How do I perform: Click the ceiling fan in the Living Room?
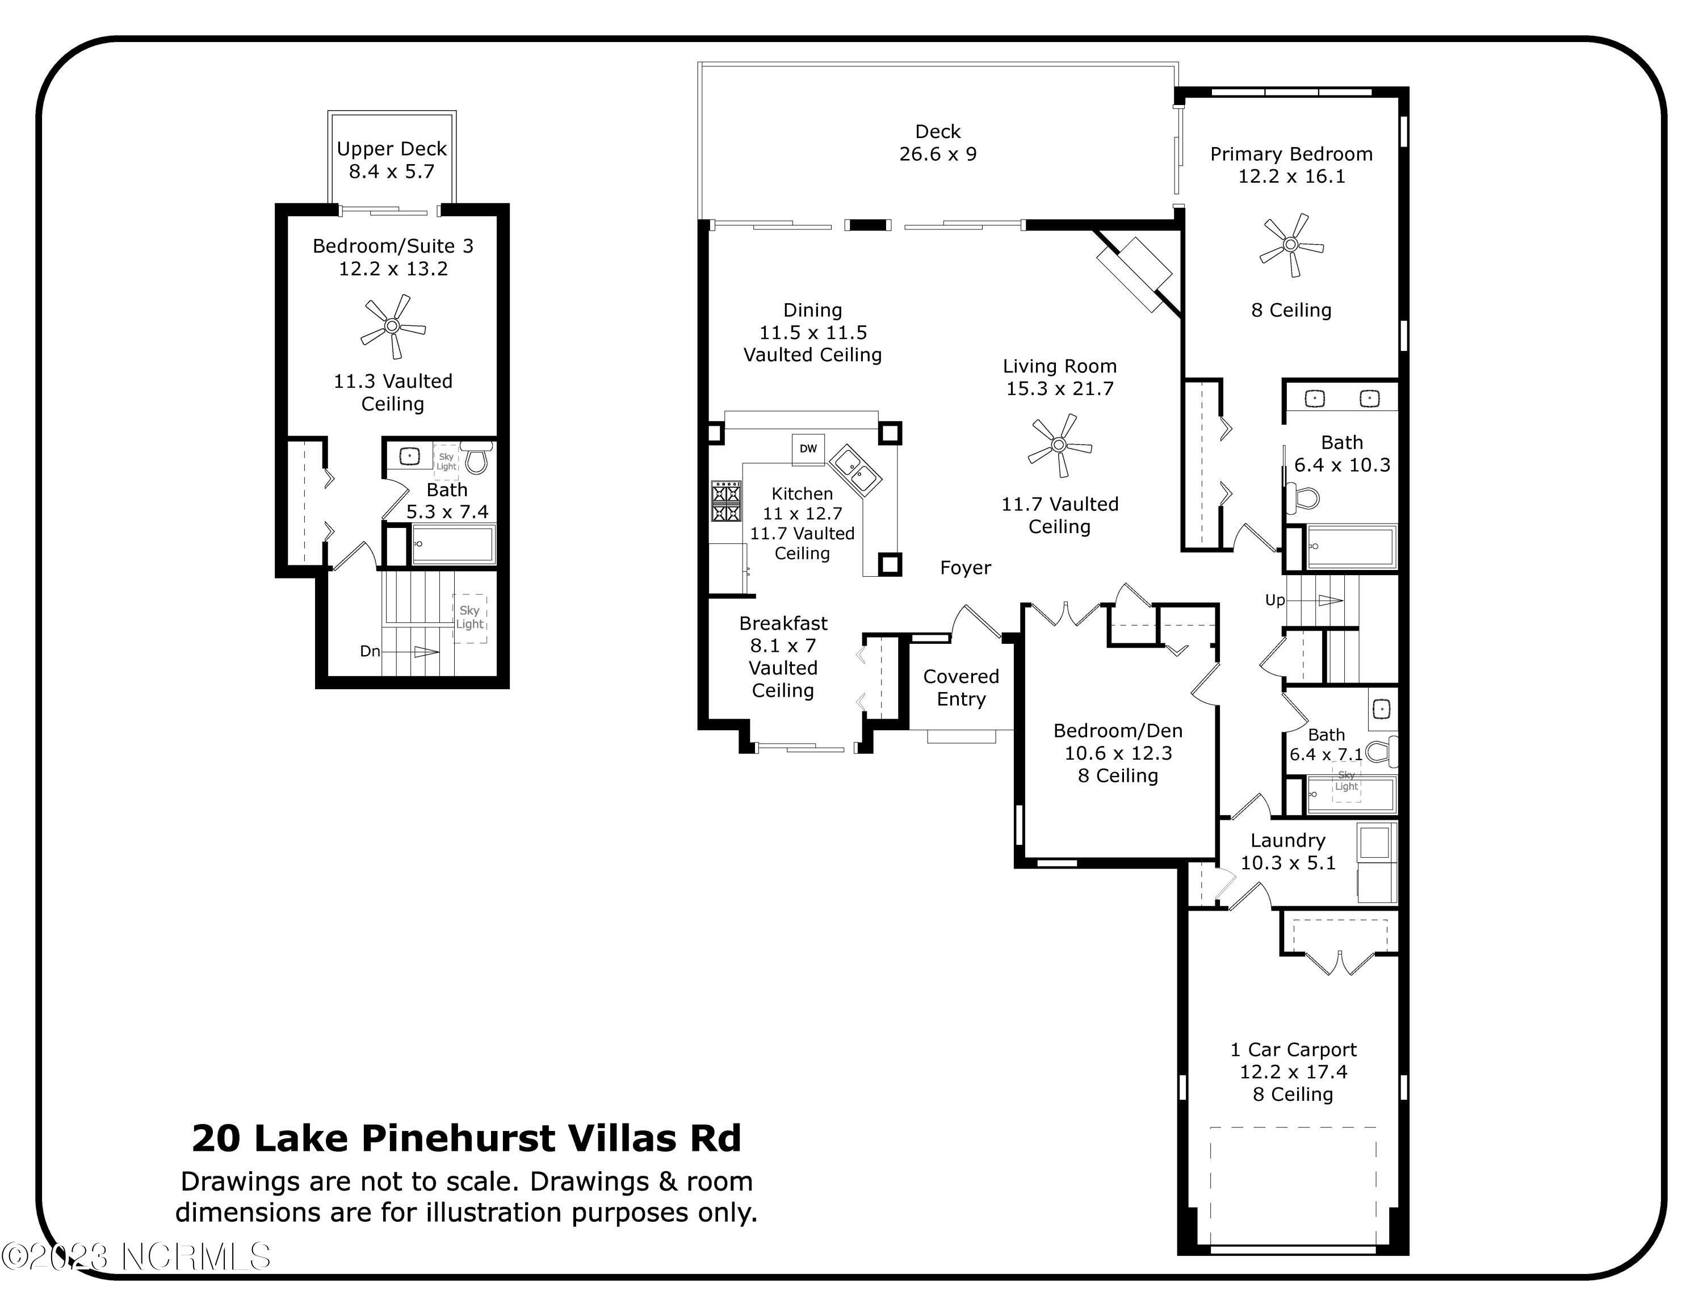[x=1058, y=445]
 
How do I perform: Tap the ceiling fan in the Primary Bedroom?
[x=1290, y=245]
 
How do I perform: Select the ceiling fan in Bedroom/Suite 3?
[x=392, y=326]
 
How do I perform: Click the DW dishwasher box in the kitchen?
[x=808, y=449]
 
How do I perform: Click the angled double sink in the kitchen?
[x=854, y=470]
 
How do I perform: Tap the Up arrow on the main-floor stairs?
[x=1329, y=600]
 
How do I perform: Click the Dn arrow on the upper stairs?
[x=425, y=652]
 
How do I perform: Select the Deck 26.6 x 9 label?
[x=937, y=143]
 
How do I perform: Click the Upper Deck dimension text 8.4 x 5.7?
[x=392, y=171]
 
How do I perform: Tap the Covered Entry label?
[x=960, y=688]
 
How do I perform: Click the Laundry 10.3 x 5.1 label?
[x=1287, y=852]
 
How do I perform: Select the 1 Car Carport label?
[x=1293, y=1049]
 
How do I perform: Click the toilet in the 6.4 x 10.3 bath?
[x=1302, y=497]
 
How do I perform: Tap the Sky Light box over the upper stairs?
[x=469, y=618]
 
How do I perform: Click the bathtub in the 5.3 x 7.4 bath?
[x=452, y=544]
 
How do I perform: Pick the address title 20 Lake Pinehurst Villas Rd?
[x=466, y=1138]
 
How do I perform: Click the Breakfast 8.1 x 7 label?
[x=783, y=635]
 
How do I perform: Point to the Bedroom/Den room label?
[x=1117, y=731]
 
